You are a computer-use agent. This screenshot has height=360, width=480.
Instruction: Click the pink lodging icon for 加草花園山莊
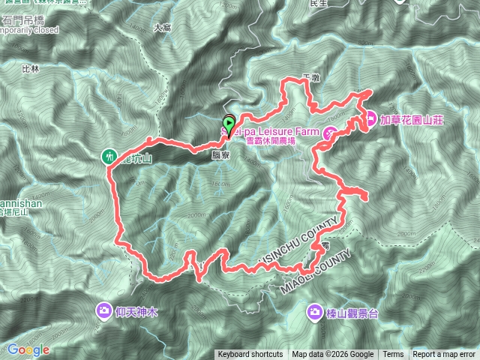pyautogui.click(x=370, y=118)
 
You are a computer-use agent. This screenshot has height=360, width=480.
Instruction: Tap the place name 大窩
pyautogui.click(x=162, y=28)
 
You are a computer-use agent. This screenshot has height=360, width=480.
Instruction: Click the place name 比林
pyautogui.click(x=31, y=68)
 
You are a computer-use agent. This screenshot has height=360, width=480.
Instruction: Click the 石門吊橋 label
pyautogui.click(x=23, y=19)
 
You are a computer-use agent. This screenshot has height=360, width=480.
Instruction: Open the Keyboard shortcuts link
pyautogui.click(x=250, y=355)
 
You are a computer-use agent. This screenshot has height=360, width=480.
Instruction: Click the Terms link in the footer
pyautogui.click(x=393, y=355)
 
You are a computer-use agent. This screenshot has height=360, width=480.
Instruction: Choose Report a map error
pyautogui.click(x=445, y=355)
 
